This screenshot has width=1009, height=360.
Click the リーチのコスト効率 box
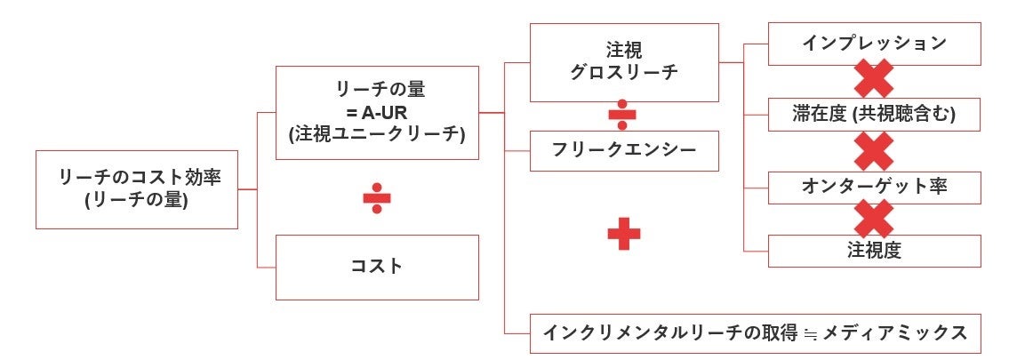pyautogui.click(x=136, y=189)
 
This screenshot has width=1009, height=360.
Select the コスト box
pyautogui.click(x=376, y=267)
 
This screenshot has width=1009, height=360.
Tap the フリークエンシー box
pyautogui.click(x=625, y=150)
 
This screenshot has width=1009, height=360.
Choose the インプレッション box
pyautogui.click(x=874, y=44)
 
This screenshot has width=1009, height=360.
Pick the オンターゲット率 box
pyautogui.click(x=874, y=188)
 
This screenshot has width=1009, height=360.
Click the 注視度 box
pyautogui.click(x=874, y=251)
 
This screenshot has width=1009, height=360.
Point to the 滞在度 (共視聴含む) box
pyautogui.click(x=874, y=115)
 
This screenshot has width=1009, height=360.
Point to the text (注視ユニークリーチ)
pyautogui.click(x=377, y=135)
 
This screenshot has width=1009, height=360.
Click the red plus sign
pyautogui.click(x=623, y=234)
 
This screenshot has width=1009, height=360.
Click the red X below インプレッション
pyautogui.click(x=874, y=80)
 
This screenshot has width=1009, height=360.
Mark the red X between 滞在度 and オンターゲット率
pyautogui.click(x=874, y=151)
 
